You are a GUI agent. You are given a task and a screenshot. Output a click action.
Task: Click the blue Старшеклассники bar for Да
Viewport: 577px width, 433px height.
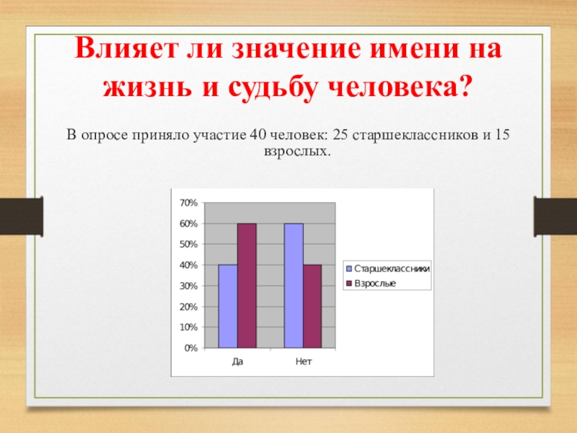(x=228, y=306)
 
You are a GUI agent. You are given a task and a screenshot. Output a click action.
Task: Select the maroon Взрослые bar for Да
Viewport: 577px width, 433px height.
(x=247, y=286)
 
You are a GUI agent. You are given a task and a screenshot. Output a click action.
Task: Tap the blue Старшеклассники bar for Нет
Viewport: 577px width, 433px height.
(x=294, y=286)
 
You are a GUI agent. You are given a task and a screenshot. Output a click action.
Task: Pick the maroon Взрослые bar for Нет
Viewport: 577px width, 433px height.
(x=312, y=306)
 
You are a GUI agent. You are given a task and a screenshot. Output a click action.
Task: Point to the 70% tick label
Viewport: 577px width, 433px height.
(x=189, y=203)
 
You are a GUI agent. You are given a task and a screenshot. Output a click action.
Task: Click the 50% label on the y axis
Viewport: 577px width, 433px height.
(x=189, y=245)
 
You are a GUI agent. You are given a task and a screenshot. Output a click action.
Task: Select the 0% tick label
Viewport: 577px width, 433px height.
(x=191, y=348)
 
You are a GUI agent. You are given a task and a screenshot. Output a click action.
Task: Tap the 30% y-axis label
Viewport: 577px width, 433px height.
(x=189, y=286)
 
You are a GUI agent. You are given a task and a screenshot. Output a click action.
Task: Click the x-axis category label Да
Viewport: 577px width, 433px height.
(x=238, y=362)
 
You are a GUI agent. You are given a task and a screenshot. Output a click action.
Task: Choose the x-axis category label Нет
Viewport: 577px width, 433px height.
(x=304, y=362)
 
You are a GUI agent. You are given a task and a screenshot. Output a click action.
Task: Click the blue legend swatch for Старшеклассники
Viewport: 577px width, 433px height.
(x=349, y=268)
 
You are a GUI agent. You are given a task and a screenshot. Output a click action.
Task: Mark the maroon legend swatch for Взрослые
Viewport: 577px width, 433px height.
(x=349, y=284)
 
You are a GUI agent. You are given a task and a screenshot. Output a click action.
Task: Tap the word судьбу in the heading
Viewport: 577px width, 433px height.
(x=273, y=88)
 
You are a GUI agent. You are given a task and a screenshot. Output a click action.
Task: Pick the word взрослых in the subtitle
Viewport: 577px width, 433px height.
(x=297, y=152)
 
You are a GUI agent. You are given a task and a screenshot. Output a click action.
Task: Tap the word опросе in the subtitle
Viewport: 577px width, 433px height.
(x=104, y=136)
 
